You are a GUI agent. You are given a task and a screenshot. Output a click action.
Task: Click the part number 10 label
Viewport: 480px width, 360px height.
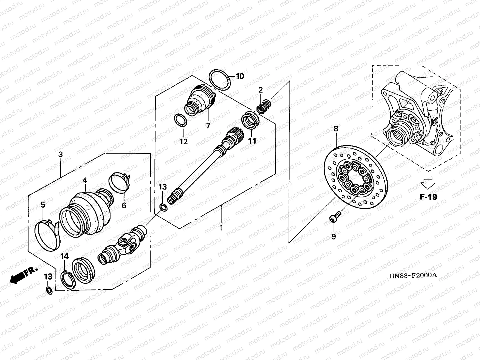[240, 76]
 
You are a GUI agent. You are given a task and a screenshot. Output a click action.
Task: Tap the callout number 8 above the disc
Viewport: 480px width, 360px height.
[336, 129]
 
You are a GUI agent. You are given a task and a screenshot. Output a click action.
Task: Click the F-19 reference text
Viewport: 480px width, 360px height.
[428, 197]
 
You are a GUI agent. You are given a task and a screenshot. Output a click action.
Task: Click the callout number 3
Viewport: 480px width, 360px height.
[61, 155]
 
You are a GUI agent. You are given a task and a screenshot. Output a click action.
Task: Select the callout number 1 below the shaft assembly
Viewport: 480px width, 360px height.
[221, 228]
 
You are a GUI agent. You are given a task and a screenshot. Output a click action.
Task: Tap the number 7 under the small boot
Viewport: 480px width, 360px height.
[208, 125]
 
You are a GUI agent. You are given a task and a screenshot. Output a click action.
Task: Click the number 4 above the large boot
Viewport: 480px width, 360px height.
[85, 181]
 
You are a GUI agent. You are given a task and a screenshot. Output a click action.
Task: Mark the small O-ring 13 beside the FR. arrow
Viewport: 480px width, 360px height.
[49, 290]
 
